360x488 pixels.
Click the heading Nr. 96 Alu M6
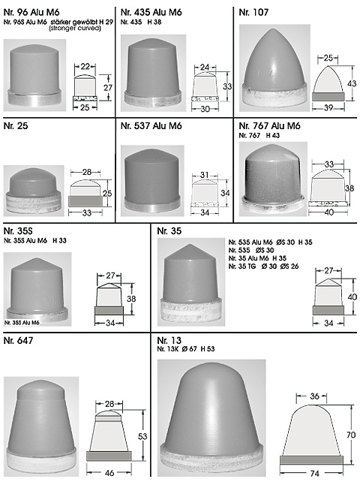[x=31, y=13]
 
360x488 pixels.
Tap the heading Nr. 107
[x=253, y=13]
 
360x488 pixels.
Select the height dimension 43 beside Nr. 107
[x=352, y=84]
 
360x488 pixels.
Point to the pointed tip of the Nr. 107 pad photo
[x=273, y=29]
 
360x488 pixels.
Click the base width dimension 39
[x=328, y=107]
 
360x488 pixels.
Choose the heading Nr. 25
[x=16, y=126]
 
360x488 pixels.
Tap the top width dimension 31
[x=204, y=175]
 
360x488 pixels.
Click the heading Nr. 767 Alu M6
[x=269, y=126]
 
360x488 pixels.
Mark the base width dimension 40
[x=329, y=212]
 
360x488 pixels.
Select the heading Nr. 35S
[x=18, y=231]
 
